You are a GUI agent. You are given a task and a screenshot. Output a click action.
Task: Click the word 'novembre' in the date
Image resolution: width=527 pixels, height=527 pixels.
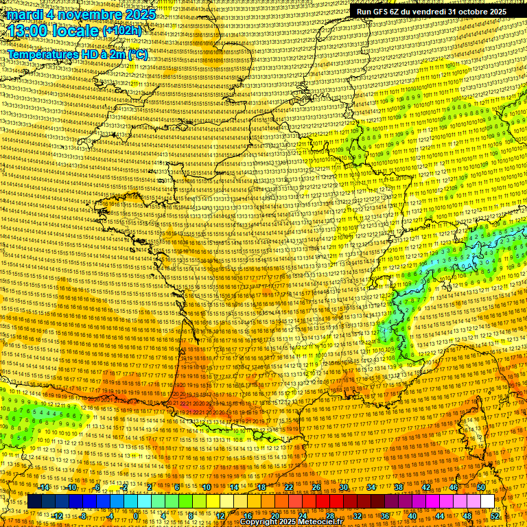(x=87, y=14)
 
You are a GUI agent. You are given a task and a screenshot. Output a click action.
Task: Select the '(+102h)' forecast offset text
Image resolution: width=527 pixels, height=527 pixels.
(x=123, y=31)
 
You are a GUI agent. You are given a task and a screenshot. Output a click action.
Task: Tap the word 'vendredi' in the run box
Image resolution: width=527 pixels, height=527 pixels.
(x=425, y=12)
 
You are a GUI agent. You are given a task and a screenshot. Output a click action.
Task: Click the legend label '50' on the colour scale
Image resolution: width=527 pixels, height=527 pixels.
(x=481, y=487)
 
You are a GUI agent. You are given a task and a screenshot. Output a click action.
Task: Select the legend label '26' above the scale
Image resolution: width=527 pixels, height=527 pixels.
(x=316, y=487)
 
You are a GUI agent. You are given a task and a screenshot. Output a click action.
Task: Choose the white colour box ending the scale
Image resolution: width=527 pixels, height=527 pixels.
(x=487, y=502)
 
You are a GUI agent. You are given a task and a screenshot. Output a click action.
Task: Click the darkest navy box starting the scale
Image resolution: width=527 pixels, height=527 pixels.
(x=34, y=502)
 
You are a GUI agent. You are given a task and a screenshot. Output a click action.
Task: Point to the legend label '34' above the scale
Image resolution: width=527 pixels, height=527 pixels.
(x=371, y=487)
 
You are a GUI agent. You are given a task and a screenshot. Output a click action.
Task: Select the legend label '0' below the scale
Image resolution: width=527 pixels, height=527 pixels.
(x=137, y=515)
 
